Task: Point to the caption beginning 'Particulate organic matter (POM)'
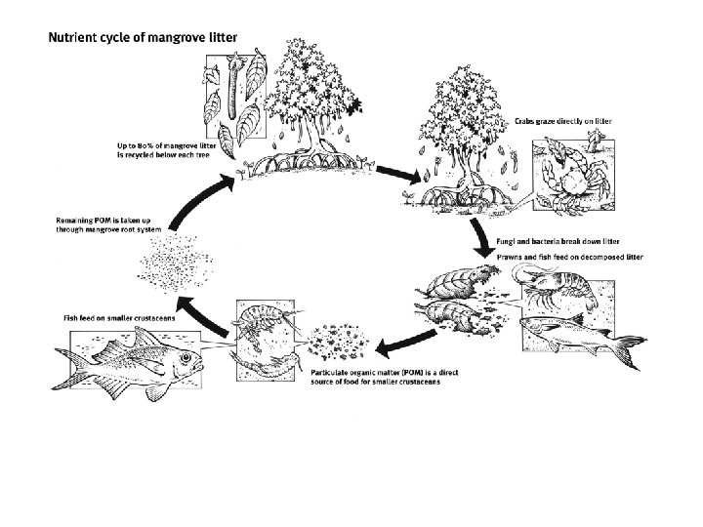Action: [x=375, y=377]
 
